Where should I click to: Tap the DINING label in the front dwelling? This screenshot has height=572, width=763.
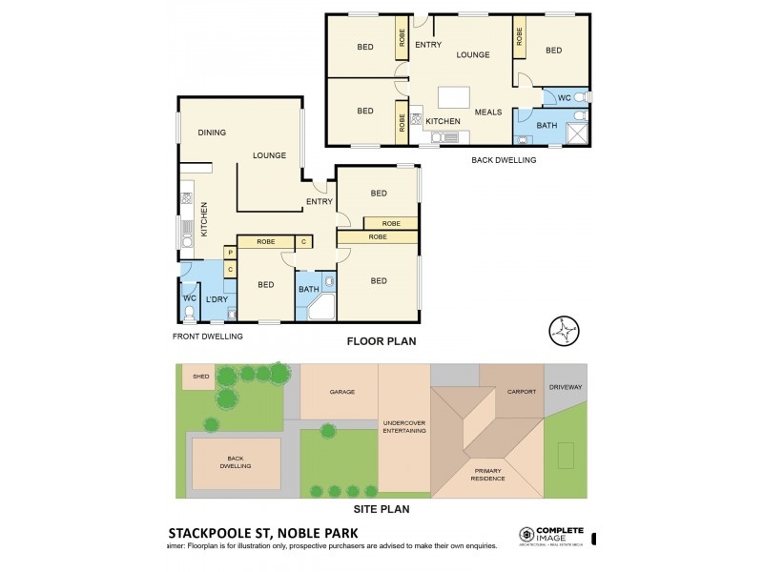coord(212,133)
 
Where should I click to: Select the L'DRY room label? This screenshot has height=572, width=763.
coord(217,300)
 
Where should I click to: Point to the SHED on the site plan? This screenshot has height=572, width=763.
coord(200,377)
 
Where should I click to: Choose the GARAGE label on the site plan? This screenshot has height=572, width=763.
coord(341,392)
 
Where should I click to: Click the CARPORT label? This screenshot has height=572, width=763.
coord(522,392)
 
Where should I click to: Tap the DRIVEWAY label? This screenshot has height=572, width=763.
coord(566,387)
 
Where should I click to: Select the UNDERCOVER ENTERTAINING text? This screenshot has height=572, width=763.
coord(403,427)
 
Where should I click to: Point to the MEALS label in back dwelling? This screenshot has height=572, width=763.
coord(488,112)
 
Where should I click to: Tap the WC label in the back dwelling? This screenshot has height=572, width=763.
coord(563,97)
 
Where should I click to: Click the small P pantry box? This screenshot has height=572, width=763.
coord(230,253)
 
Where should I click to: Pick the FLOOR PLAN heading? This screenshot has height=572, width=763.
coord(380,340)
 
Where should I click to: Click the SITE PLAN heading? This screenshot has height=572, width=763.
coord(380,509)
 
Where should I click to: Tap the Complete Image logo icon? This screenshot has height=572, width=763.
coord(526,535)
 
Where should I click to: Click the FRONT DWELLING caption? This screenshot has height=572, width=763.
coord(208,336)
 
